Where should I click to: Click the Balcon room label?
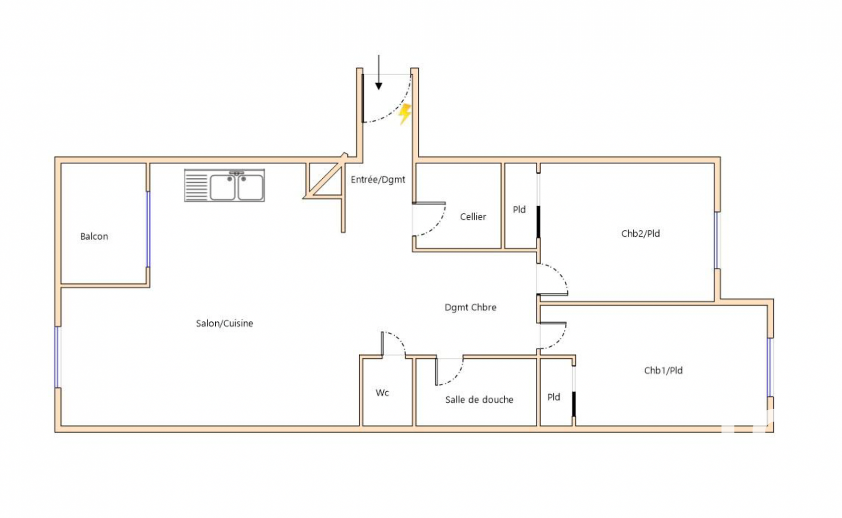click(94, 237)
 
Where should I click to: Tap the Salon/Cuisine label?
click(224, 324)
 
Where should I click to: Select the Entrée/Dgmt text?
click(378, 180)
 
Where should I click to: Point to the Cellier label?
click(473, 217)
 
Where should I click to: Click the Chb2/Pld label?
click(640, 234)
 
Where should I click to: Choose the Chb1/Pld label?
click(663, 371)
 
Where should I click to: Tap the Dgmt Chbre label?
click(470, 308)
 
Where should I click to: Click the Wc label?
click(382, 393)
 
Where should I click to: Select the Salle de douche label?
click(479, 399)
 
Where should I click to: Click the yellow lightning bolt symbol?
click(405, 114)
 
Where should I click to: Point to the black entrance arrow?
click(378, 73)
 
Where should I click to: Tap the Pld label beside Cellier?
click(519, 210)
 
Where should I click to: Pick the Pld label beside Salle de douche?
click(553, 397)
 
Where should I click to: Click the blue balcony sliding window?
click(148, 229)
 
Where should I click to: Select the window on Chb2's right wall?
click(717, 240)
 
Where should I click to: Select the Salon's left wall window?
click(57, 357)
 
